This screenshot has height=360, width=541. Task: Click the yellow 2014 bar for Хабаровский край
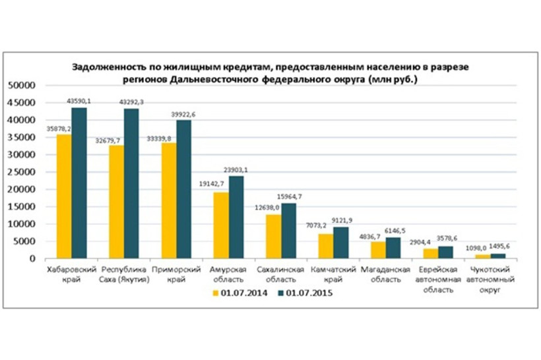(64, 196)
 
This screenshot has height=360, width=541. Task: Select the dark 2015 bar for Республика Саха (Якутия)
(131, 183)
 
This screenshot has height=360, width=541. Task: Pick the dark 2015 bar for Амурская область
(235, 217)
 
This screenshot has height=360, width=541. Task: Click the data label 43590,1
(79, 101)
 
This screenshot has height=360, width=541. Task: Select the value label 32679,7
(110, 139)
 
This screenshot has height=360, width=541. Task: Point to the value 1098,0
(476, 247)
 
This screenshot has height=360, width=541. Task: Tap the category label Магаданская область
(381, 275)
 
